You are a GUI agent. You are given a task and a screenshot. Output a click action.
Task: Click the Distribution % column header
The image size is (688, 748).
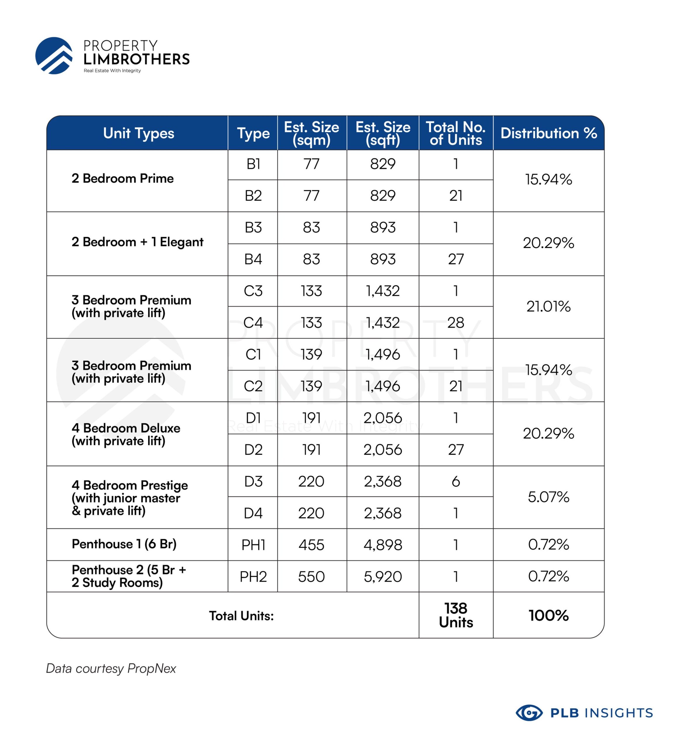tap(548, 133)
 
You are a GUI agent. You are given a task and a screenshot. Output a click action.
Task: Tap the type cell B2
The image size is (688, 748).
tap(253, 195)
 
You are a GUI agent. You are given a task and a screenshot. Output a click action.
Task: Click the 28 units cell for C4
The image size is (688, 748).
tap(456, 323)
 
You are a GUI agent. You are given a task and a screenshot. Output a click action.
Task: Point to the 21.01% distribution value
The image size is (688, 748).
tap(548, 307)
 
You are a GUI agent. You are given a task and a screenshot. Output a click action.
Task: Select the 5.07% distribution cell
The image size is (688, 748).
tap(548, 497)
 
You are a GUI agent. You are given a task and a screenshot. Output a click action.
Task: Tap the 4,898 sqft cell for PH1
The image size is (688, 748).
tap(383, 545)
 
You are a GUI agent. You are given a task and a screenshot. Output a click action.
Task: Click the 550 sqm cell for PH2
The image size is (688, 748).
tap(311, 577)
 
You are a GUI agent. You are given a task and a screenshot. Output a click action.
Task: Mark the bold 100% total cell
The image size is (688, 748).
tap(548, 615)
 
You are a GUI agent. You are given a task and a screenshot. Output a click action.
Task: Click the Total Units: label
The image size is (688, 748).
tap(241, 616)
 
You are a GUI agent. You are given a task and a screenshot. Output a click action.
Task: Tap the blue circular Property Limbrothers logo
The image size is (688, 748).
tap(54, 56)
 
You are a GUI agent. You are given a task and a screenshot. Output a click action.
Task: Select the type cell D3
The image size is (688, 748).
tap(253, 482)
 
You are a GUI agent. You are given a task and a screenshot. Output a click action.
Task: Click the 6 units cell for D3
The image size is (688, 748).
tap(456, 482)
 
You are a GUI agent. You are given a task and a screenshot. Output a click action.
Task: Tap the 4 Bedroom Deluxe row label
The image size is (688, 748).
tap(126, 434)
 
